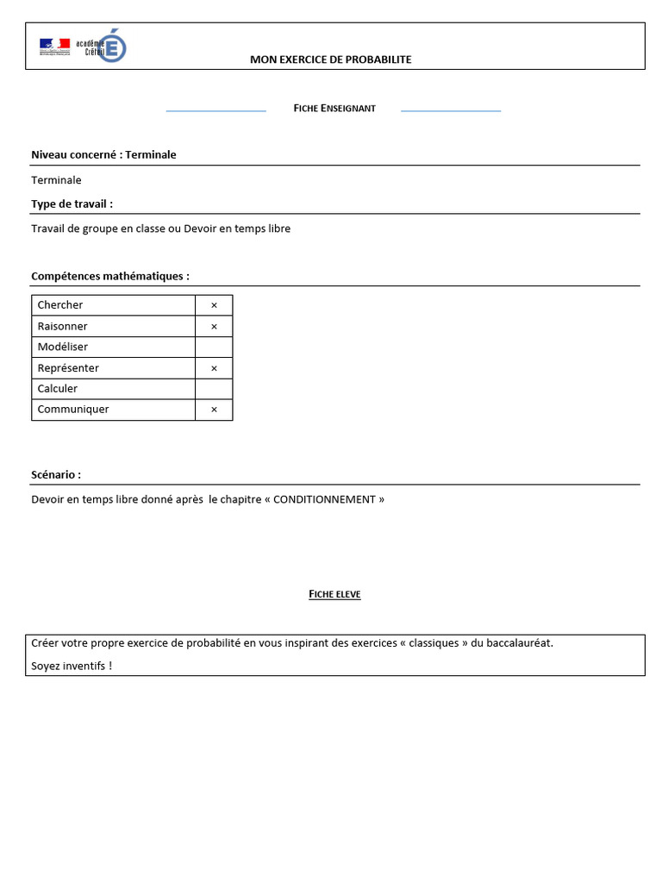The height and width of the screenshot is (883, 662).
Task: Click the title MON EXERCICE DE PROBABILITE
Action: click(331, 59)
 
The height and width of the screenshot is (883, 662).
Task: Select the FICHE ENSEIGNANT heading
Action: click(334, 108)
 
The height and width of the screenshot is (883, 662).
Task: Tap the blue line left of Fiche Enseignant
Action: click(215, 111)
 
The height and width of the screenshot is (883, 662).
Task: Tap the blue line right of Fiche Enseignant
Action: click(451, 111)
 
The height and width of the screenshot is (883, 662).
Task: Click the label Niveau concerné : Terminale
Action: click(103, 154)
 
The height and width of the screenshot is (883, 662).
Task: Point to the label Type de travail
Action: click(72, 204)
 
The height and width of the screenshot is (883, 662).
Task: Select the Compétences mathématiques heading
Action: click(110, 276)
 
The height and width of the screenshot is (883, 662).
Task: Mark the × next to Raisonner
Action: click(214, 327)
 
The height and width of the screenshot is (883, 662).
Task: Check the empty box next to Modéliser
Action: click(214, 348)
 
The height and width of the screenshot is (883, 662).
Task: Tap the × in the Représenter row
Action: click(214, 368)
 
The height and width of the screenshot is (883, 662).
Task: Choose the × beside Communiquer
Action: click(214, 410)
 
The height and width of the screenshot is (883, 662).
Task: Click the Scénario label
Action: click(56, 474)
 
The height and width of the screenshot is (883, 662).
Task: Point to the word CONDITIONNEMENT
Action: click(325, 499)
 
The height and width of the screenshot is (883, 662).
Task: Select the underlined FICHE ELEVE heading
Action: click(334, 594)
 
